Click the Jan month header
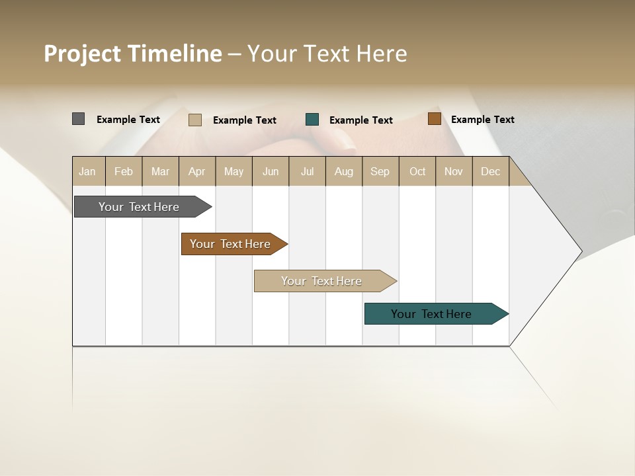click(87, 171)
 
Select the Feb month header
click(124, 171)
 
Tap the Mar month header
click(160, 171)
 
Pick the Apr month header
click(197, 171)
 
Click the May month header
click(233, 171)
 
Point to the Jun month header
click(271, 171)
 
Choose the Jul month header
click(307, 171)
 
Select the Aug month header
click(344, 171)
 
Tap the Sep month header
click(380, 171)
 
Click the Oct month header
click(417, 171)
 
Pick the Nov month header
click(454, 171)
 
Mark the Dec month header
click(491, 171)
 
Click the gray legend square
click(78, 119)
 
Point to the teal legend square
click(312, 120)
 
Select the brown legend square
click(434, 119)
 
